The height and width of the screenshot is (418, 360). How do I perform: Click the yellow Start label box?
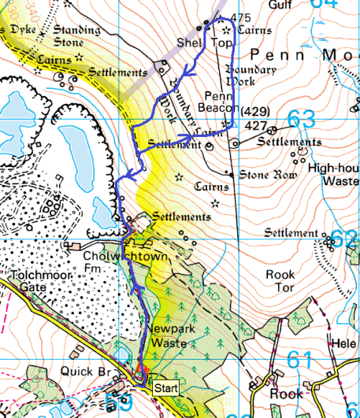[165, 388]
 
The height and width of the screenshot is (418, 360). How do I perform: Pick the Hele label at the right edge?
[346, 344]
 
